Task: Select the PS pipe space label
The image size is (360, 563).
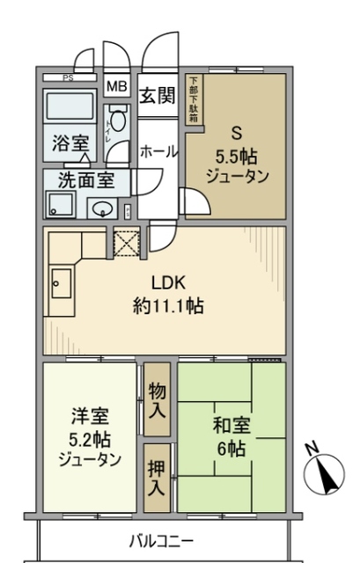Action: (68, 77)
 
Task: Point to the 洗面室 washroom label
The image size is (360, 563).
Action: (86, 180)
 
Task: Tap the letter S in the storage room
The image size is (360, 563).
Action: (236, 134)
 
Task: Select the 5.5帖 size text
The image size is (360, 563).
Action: (236, 156)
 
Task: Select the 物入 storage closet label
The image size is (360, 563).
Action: (158, 398)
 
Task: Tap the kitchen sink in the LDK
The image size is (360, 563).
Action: (61, 283)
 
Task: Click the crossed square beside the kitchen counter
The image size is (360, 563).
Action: (124, 242)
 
